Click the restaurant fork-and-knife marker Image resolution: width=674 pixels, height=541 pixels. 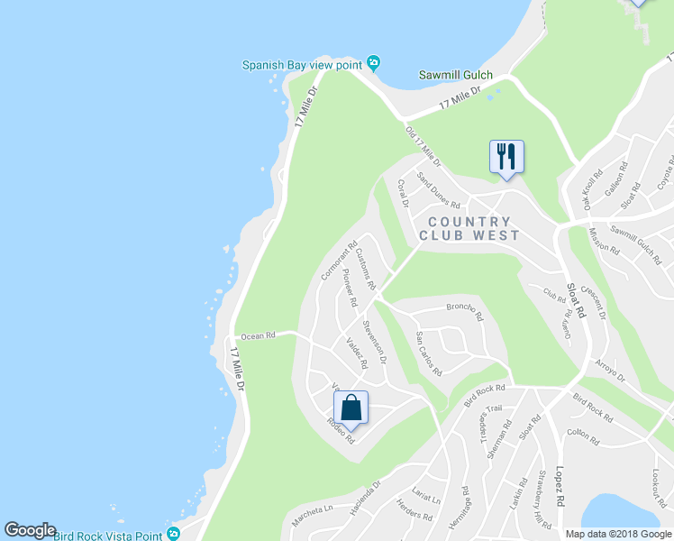click(x=506, y=157)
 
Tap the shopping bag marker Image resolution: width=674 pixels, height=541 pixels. click(x=351, y=407)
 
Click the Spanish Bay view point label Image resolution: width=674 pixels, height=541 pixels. click(x=301, y=64)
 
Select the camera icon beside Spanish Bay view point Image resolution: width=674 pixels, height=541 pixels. click(x=374, y=63)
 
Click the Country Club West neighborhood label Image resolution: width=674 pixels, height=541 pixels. click(x=469, y=228)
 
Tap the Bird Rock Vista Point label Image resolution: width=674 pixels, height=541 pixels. click(x=108, y=535)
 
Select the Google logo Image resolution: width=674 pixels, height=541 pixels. click(x=30, y=530)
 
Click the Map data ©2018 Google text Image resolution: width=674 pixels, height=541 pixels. click(x=618, y=534)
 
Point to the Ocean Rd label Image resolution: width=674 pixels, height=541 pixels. click(x=258, y=336)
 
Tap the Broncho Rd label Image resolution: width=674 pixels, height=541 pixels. click(x=465, y=312)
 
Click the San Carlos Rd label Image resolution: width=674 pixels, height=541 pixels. click(x=428, y=353)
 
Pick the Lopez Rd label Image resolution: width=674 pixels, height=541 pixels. click(x=560, y=487)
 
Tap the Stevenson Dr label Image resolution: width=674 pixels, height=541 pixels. click(x=374, y=341)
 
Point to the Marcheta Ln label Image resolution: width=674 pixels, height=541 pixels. click(x=312, y=509)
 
